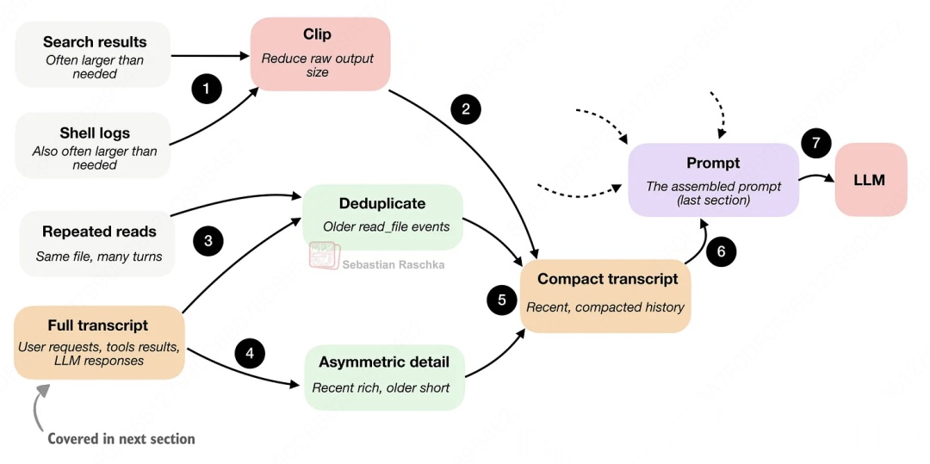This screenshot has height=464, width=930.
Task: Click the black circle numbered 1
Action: pos(207,89)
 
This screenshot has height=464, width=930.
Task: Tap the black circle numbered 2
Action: pos(466,109)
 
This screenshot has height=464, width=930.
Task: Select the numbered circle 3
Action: pos(208,241)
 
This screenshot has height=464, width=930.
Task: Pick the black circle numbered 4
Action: pos(250,353)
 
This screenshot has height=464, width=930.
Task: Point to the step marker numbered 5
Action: pos(501,300)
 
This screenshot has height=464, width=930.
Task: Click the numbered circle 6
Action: pos(722,252)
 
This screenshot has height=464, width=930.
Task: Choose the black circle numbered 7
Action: pos(815,144)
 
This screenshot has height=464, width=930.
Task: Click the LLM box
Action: pos(871,180)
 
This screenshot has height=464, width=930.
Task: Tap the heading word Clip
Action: pos(317,34)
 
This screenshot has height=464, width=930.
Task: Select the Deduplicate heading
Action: pos(381,204)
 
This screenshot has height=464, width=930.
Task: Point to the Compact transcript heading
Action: pos(607,279)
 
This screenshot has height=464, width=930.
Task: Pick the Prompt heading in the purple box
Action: pos(713,163)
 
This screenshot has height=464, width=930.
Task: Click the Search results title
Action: pos(95,41)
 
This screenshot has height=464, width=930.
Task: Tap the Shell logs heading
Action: pos(95,133)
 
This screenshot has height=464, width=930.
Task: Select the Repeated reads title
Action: pos(99,232)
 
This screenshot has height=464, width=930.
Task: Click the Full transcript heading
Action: pos(98,325)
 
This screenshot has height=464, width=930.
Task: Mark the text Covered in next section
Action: pos(121,439)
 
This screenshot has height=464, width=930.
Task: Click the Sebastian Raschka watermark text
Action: pos(394,264)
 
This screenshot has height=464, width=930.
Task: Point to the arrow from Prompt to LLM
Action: pos(815,178)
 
